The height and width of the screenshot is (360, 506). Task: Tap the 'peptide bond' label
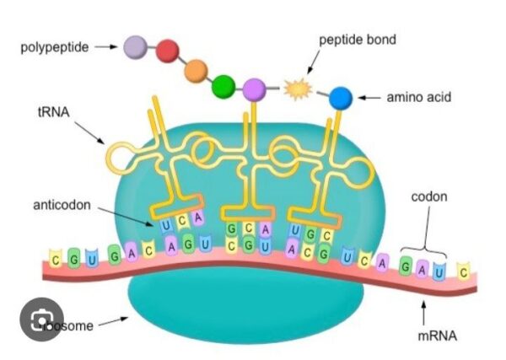(x=357, y=40)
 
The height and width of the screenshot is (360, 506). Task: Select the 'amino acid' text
(x=418, y=98)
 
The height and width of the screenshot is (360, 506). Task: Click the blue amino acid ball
(x=340, y=98)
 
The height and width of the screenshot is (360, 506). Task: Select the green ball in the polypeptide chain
(x=223, y=85)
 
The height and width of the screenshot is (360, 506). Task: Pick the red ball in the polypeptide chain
(x=168, y=53)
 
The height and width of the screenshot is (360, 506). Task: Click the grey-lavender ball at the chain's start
(x=135, y=46)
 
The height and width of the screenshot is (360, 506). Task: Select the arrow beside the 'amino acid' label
(x=369, y=98)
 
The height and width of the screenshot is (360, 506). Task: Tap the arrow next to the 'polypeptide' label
(x=105, y=47)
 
